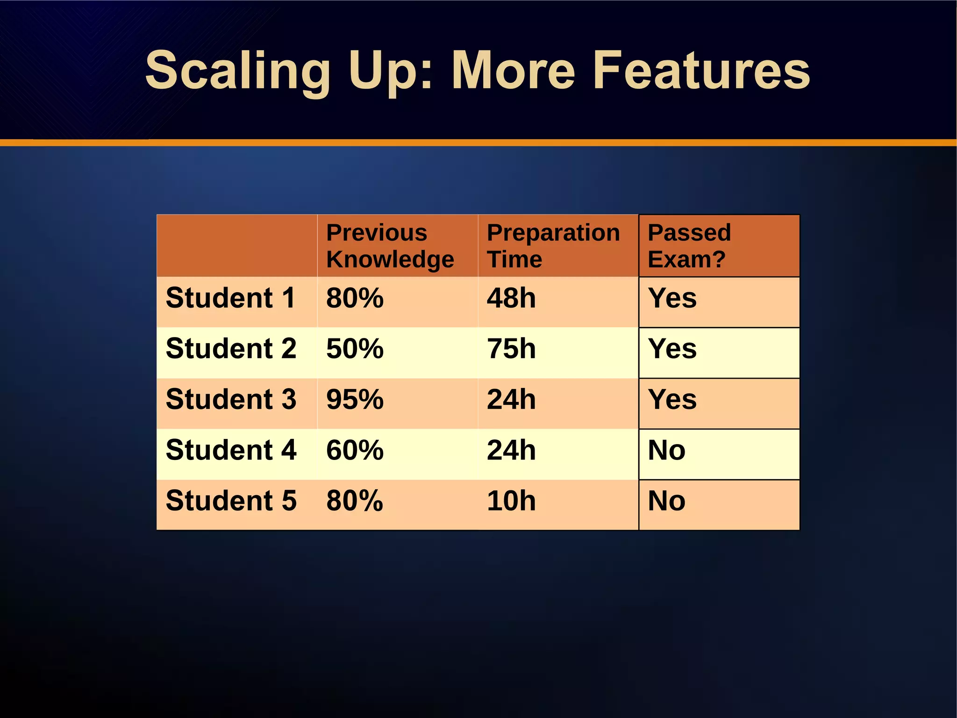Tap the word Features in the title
[701, 71]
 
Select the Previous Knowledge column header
[390, 246]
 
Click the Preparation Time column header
[553, 246]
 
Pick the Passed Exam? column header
[690, 246]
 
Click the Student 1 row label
[231, 298]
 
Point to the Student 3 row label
[231, 400]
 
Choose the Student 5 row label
[231, 501]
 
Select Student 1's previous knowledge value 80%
[355, 298]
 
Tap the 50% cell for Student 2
[355, 349]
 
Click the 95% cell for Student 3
[355, 400]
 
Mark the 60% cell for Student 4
[355, 450]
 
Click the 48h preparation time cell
[511, 298]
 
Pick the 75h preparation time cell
[511, 349]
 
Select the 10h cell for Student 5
[511, 501]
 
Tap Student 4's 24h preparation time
[511, 450]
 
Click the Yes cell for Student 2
[672, 349]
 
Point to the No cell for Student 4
[666, 450]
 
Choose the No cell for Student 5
[666, 501]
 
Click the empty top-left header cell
[237, 246]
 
